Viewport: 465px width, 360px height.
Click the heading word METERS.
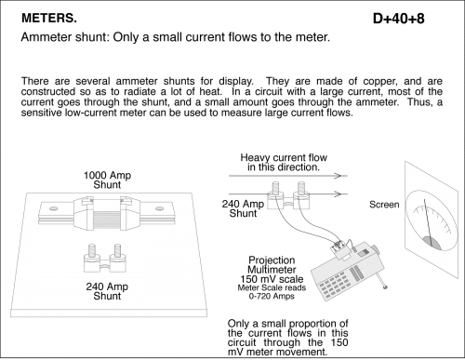49,19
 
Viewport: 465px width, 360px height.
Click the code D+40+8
399,19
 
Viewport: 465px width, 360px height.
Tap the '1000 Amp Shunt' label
107,180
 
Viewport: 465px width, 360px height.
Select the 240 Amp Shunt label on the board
107,291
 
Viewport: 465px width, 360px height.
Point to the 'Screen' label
384,205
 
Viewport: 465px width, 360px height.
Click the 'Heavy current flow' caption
284,157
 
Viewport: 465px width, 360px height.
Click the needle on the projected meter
429,222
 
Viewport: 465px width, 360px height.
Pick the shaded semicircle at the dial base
432,243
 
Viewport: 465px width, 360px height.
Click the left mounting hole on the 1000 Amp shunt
53,208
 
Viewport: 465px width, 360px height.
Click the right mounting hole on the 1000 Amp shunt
160,208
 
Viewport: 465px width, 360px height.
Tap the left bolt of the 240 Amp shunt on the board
92,251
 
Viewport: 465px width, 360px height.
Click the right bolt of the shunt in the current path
301,188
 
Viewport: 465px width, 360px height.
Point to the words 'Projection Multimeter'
272,265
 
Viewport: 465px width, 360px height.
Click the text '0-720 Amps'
272,296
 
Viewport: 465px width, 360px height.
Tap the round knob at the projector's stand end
385,287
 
